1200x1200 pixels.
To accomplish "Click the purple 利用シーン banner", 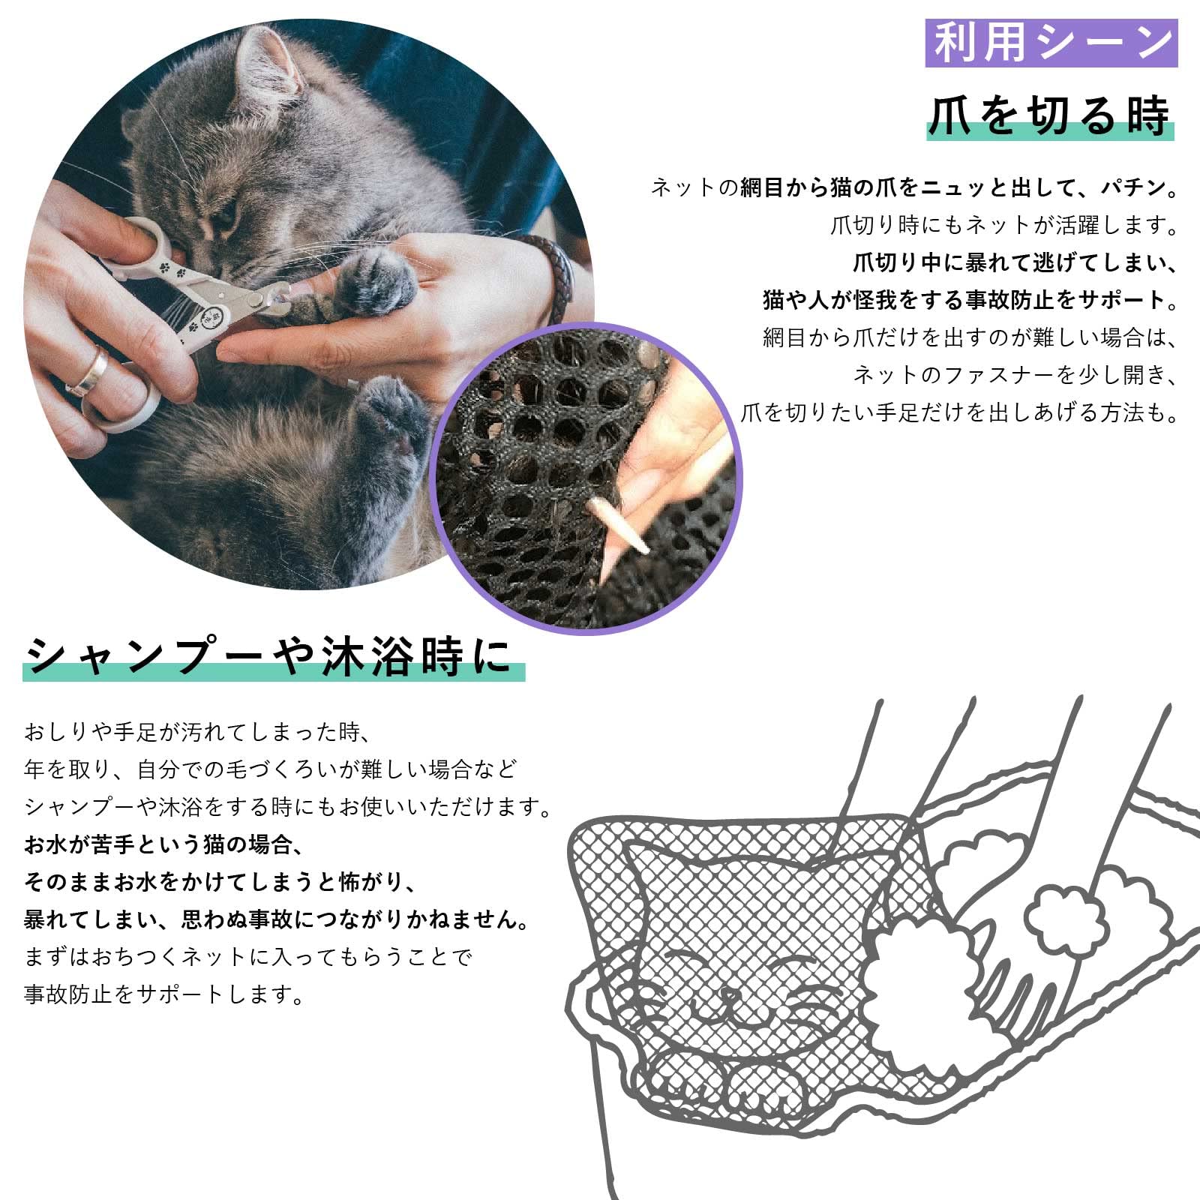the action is [1051, 43].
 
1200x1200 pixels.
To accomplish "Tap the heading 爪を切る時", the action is [1050, 116].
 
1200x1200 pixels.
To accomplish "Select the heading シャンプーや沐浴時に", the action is [274, 656].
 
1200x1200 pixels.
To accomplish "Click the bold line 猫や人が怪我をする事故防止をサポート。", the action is [970, 300].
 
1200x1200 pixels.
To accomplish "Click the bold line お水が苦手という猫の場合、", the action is [163, 844].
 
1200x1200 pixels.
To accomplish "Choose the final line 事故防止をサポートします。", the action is [165, 994].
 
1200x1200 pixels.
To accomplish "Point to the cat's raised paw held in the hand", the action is [375, 281].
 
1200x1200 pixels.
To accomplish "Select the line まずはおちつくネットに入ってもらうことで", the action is [248, 957].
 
